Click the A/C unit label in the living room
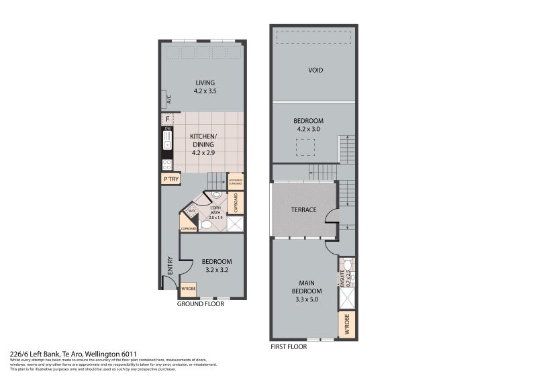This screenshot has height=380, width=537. click(x=168, y=99)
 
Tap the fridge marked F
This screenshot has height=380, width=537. click(x=167, y=120)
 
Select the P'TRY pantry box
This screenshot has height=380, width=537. click(x=169, y=179)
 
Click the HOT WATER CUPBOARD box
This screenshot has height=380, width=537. click(x=236, y=181)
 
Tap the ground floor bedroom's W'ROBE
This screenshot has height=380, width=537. click(x=189, y=289)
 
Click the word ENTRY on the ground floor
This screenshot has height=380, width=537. click(x=169, y=265)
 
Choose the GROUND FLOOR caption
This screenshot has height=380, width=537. click(x=200, y=304)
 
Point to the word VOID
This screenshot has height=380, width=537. click(x=315, y=70)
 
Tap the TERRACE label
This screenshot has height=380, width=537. click(x=303, y=210)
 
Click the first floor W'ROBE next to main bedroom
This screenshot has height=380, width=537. click(x=348, y=325)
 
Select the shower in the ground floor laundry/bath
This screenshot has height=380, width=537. click(x=235, y=224)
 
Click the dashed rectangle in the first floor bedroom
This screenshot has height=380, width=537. click(x=305, y=147)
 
